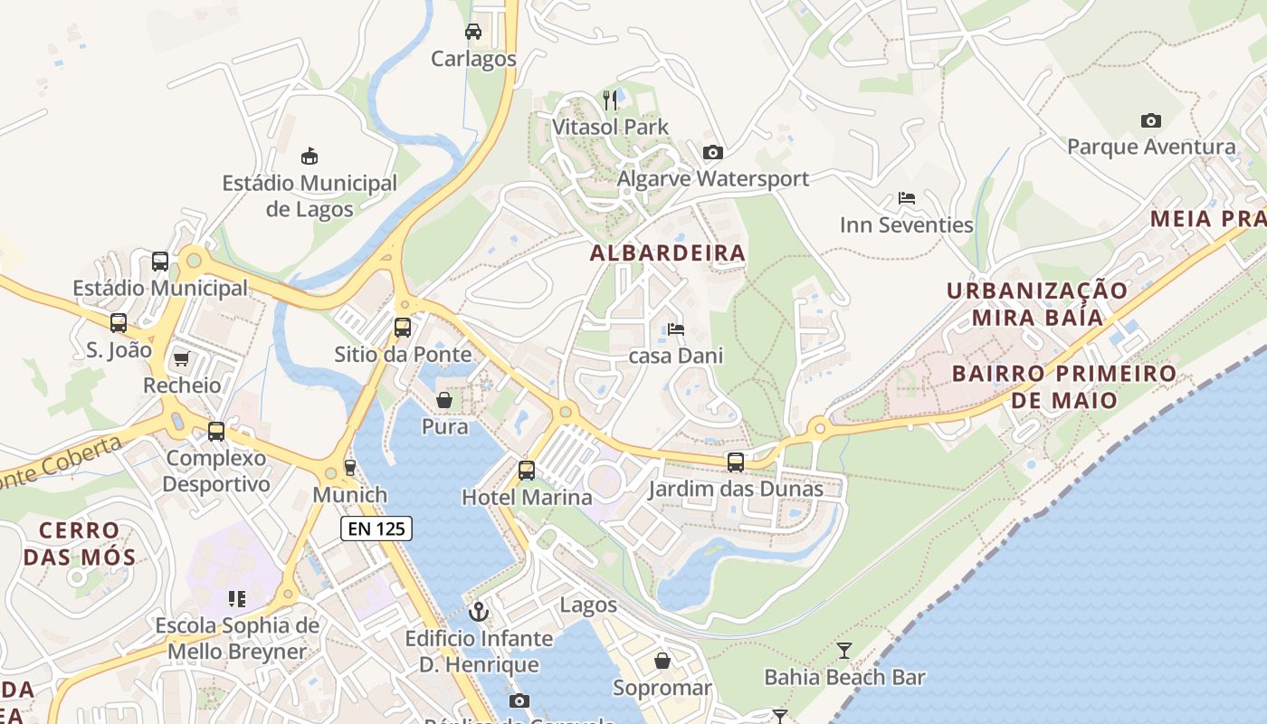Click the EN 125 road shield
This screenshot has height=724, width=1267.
tap(376, 529)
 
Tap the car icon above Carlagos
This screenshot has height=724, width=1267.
tap(472, 32)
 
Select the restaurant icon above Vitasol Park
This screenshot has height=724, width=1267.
tap(611, 100)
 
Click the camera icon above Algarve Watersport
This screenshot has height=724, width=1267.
tap(713, 152)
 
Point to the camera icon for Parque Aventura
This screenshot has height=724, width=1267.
tap(1150, 120)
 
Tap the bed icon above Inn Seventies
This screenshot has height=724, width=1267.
tap(906, 198)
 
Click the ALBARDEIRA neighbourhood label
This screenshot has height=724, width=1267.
tap(668, 253)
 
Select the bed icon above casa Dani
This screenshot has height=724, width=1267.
tap(675, 329)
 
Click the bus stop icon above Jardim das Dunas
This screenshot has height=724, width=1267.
tap(736, 462)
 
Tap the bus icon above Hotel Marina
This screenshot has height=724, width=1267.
tap(527, 471)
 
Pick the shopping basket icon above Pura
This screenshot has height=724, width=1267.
tap(444, 400)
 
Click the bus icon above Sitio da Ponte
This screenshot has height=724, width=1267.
tap(403, 328)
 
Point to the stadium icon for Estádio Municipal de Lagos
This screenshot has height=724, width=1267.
tap(310, 156)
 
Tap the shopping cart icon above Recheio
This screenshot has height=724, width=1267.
tap(181, 359)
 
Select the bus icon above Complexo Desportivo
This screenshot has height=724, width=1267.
tap(216, 432)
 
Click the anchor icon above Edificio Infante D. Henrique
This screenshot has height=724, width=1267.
tap(479, 613)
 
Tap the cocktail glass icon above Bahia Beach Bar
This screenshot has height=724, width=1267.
tap(844, 650)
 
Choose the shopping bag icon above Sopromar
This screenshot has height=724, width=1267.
tap(662, 661)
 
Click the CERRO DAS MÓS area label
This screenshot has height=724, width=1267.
tap(80, 543)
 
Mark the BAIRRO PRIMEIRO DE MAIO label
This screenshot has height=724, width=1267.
tap(1064, 386)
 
